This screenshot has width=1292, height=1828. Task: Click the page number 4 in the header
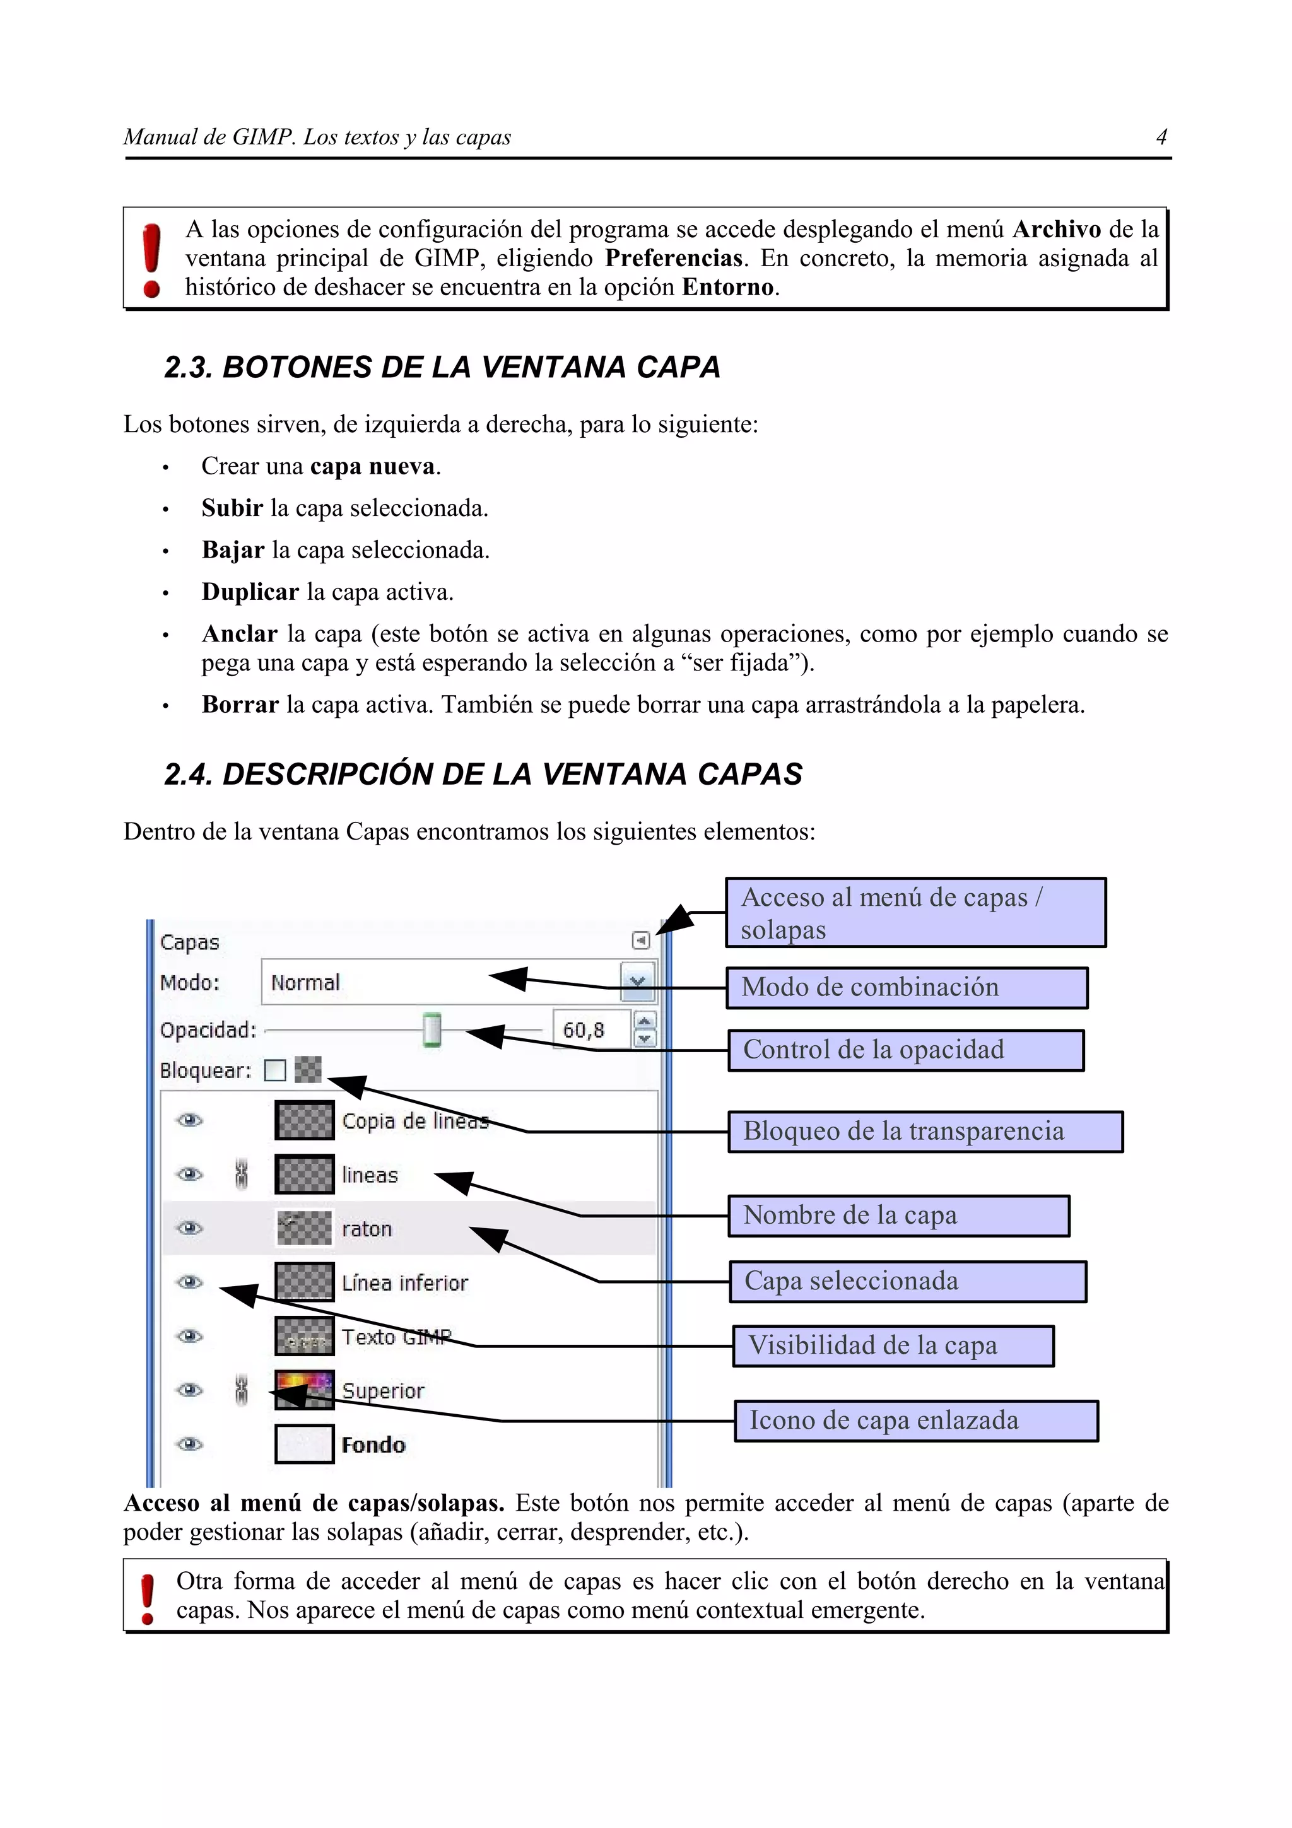(x=1161, y=138)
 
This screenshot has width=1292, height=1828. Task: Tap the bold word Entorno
(x=727, y=286)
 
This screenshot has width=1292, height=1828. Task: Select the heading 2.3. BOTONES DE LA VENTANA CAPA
(x=442, y=367)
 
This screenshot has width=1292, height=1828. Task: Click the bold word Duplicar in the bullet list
(x=250, y=592)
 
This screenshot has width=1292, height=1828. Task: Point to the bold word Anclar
(x=239, y=634)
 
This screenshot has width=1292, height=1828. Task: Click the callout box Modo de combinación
(x=907, y=987)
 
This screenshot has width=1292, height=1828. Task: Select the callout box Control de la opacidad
(x=905, y=1050)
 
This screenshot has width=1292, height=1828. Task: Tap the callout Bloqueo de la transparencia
(x=924, y=1132)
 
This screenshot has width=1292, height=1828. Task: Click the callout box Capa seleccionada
(x=908, y=1281)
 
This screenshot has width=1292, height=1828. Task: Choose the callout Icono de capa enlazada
(x=915, y=1421)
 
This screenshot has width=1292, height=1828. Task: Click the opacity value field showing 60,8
(x=589, y=1029)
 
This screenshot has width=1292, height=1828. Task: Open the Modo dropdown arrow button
(x=637, y=981)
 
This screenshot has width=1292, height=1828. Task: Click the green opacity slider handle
(x=432, y=1029)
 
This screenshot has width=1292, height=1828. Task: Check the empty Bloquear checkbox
(x=274, y=1070)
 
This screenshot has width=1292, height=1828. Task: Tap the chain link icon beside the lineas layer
(x=242, y=1175)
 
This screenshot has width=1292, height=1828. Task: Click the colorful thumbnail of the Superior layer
(x=304, y=1390)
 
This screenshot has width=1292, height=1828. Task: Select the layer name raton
(x=367, y=1229)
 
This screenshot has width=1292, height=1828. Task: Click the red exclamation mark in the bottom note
(x=147, y=1598)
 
